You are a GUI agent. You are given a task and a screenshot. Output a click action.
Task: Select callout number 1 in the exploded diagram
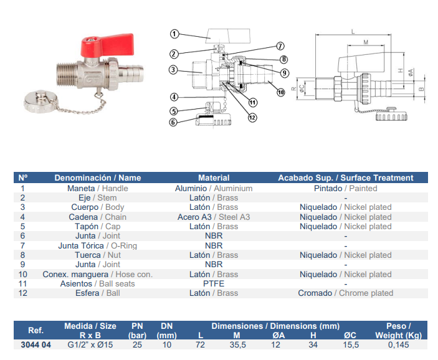point(174,34)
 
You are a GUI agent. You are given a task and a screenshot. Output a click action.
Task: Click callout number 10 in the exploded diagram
point(280,92)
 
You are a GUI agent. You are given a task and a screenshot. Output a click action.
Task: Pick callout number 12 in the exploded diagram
point(252,116)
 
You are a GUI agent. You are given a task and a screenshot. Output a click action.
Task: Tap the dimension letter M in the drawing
point(366,42)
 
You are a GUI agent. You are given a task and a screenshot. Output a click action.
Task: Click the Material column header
point(214,178)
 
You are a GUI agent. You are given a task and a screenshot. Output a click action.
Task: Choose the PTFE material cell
point(214,283)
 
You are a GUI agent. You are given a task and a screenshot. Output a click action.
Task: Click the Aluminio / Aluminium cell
point(214,188)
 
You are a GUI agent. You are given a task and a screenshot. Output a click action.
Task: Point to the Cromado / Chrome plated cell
point(345,293)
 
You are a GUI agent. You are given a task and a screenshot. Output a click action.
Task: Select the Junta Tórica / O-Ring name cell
point(97,245)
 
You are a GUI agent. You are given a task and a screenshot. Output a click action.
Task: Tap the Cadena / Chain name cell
point(97,217)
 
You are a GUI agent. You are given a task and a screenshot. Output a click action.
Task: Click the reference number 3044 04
point(36,345)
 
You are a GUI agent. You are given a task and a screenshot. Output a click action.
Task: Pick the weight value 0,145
point(399,345)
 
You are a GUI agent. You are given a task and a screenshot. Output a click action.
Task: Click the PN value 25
point(137,345)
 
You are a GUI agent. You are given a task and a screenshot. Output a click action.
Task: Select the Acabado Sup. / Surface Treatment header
point(345,178)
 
